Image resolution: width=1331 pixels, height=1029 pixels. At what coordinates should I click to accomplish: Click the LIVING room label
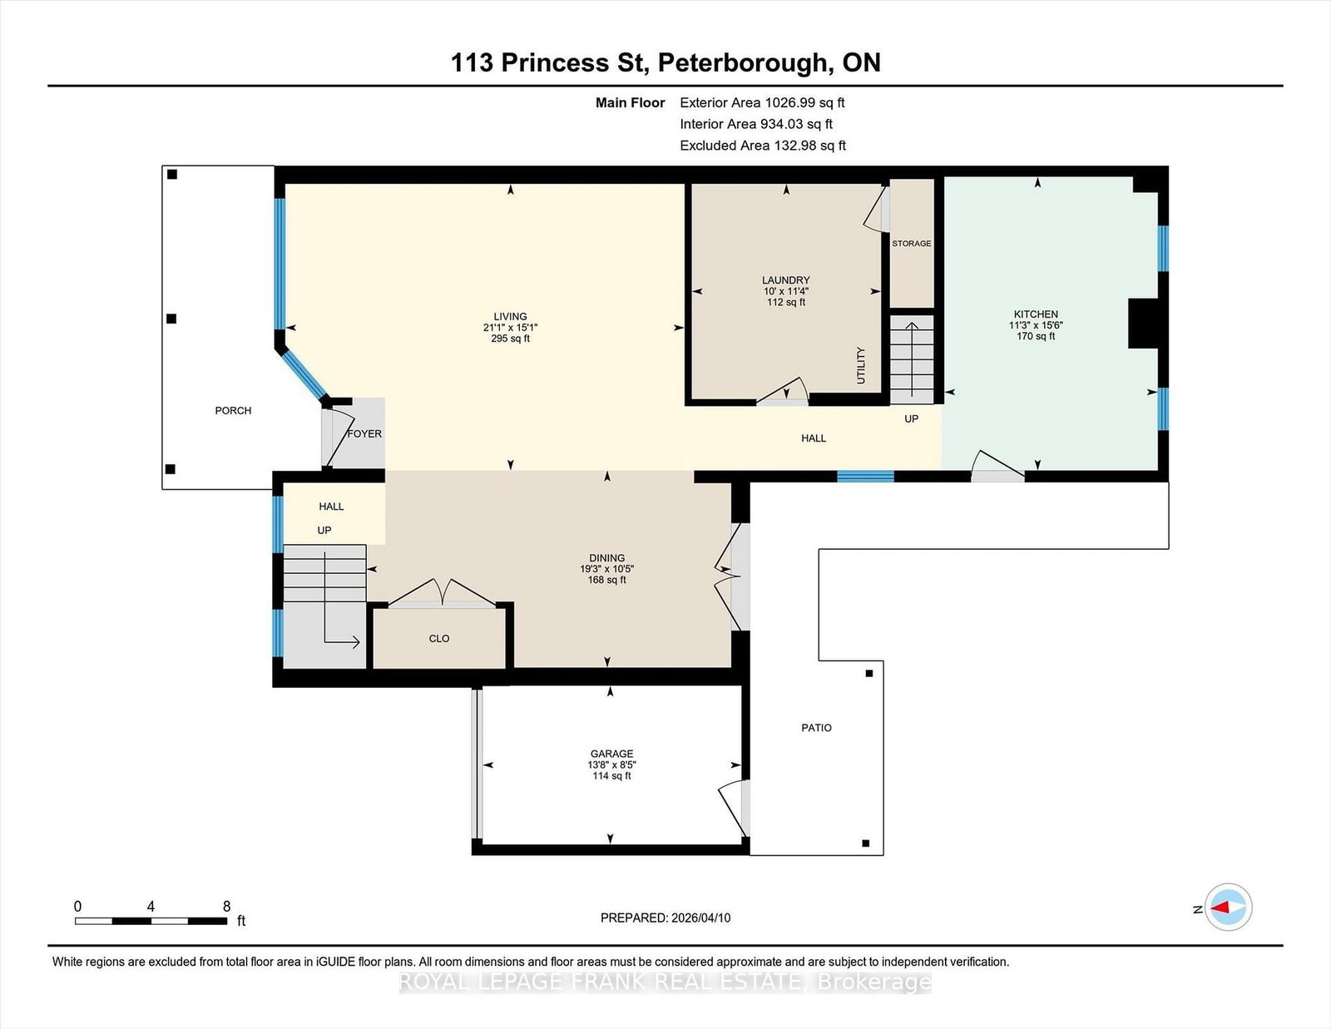tap(510, 316)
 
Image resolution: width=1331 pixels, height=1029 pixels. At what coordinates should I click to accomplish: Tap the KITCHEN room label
tap(1036, 314)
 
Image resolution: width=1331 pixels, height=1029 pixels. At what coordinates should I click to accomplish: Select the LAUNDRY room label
tap(785, 280)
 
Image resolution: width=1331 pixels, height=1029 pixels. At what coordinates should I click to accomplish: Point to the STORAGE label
tap(912, 244)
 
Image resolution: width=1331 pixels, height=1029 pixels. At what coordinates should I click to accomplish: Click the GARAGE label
tap(612, 754)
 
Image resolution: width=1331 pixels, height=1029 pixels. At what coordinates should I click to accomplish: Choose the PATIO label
tap(816, 728)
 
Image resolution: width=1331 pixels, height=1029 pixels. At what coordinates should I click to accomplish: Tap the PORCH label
tap(233, 411)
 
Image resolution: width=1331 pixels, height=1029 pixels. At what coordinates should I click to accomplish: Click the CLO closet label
tap(439, 639)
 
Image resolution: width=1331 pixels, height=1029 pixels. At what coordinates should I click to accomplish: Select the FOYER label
tap(364, 434)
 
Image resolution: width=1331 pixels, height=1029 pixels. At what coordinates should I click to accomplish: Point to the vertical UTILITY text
tap(861, 365)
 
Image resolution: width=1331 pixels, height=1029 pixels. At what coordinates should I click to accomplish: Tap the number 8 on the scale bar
tap(226, 907)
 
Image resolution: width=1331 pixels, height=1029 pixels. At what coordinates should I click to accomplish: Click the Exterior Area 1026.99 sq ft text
tap(762, 103)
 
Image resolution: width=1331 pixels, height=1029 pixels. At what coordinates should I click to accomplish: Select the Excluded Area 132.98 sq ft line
tap(763, 146)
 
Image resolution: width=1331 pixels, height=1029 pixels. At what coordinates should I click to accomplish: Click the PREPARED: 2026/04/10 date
tap(665, 918)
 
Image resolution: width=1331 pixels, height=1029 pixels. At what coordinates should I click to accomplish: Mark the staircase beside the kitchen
tap(912, 358)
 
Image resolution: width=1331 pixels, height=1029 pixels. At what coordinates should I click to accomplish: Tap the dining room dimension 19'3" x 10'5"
tap(607, 569)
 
